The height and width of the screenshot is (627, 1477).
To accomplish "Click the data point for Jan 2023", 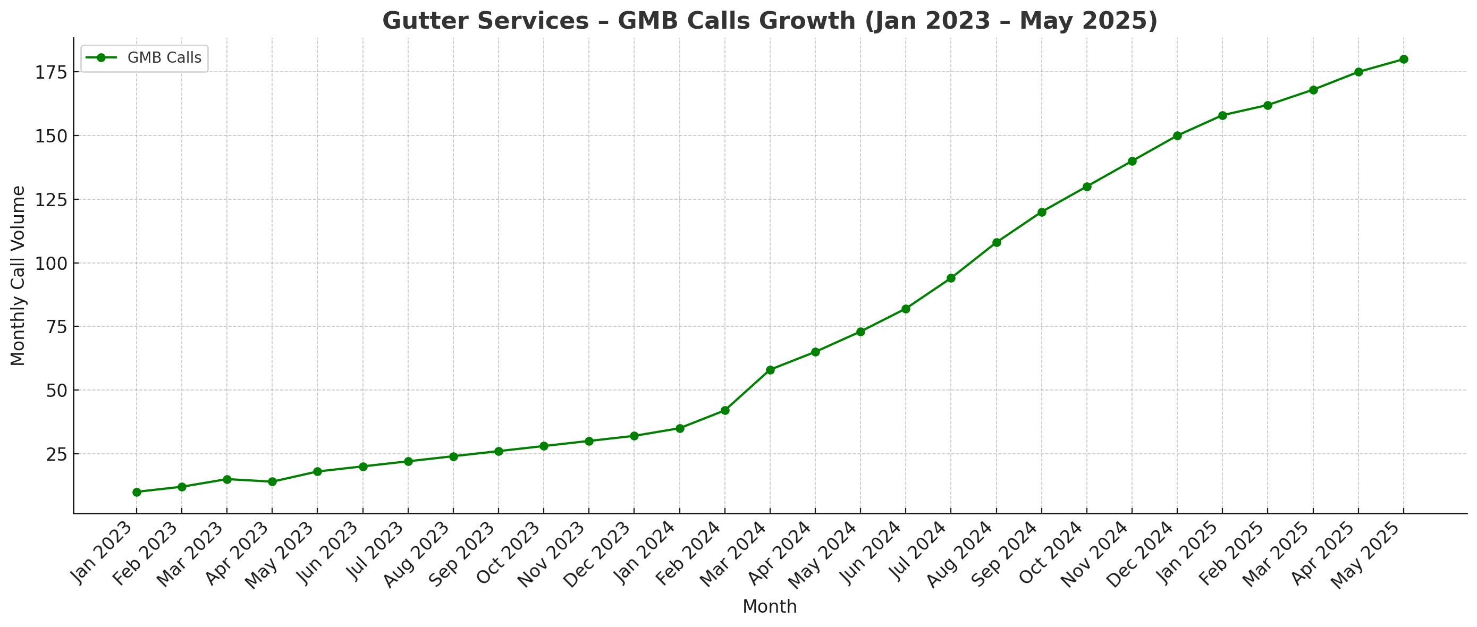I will (137, 492).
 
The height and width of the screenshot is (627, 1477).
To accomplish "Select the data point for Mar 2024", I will (770, 370).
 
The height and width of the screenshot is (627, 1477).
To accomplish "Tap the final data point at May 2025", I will (1404, 59).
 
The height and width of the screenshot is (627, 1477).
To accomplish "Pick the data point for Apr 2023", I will (272, 481).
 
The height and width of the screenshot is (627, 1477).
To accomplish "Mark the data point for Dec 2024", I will (1177, 136).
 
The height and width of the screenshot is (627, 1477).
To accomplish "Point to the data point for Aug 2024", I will (997, 242).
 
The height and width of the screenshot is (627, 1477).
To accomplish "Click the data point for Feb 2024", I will (725, 410).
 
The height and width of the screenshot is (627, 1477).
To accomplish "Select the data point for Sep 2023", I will (498, 451).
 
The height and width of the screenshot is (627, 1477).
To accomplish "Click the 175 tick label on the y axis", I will (51, 72).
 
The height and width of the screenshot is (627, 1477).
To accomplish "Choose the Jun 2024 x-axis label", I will (870, 553).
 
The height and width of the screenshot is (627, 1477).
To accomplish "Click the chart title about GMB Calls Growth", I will (770, 21).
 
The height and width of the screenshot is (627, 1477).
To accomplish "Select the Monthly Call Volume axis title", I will (19, 276).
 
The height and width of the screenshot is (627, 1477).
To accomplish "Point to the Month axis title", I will (770, 606).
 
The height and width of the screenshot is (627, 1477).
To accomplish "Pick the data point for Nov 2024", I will (1132, 161).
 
